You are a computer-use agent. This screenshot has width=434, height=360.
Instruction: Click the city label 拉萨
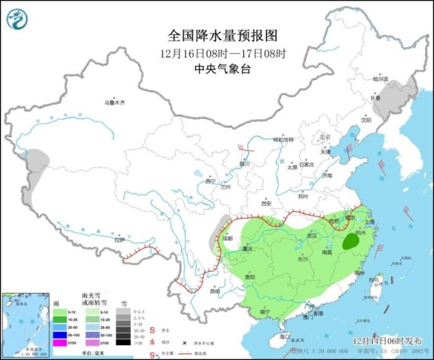pos(119,239)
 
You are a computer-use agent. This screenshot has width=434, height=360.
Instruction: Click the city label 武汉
pos(311,236)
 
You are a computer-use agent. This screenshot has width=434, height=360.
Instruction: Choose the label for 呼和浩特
pos(287,140)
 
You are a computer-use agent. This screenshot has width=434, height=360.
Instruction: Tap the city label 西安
pos(266,203)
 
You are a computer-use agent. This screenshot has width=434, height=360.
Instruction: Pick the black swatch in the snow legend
pos(126,341)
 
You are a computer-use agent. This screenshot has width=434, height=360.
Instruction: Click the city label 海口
pos(285,336)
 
